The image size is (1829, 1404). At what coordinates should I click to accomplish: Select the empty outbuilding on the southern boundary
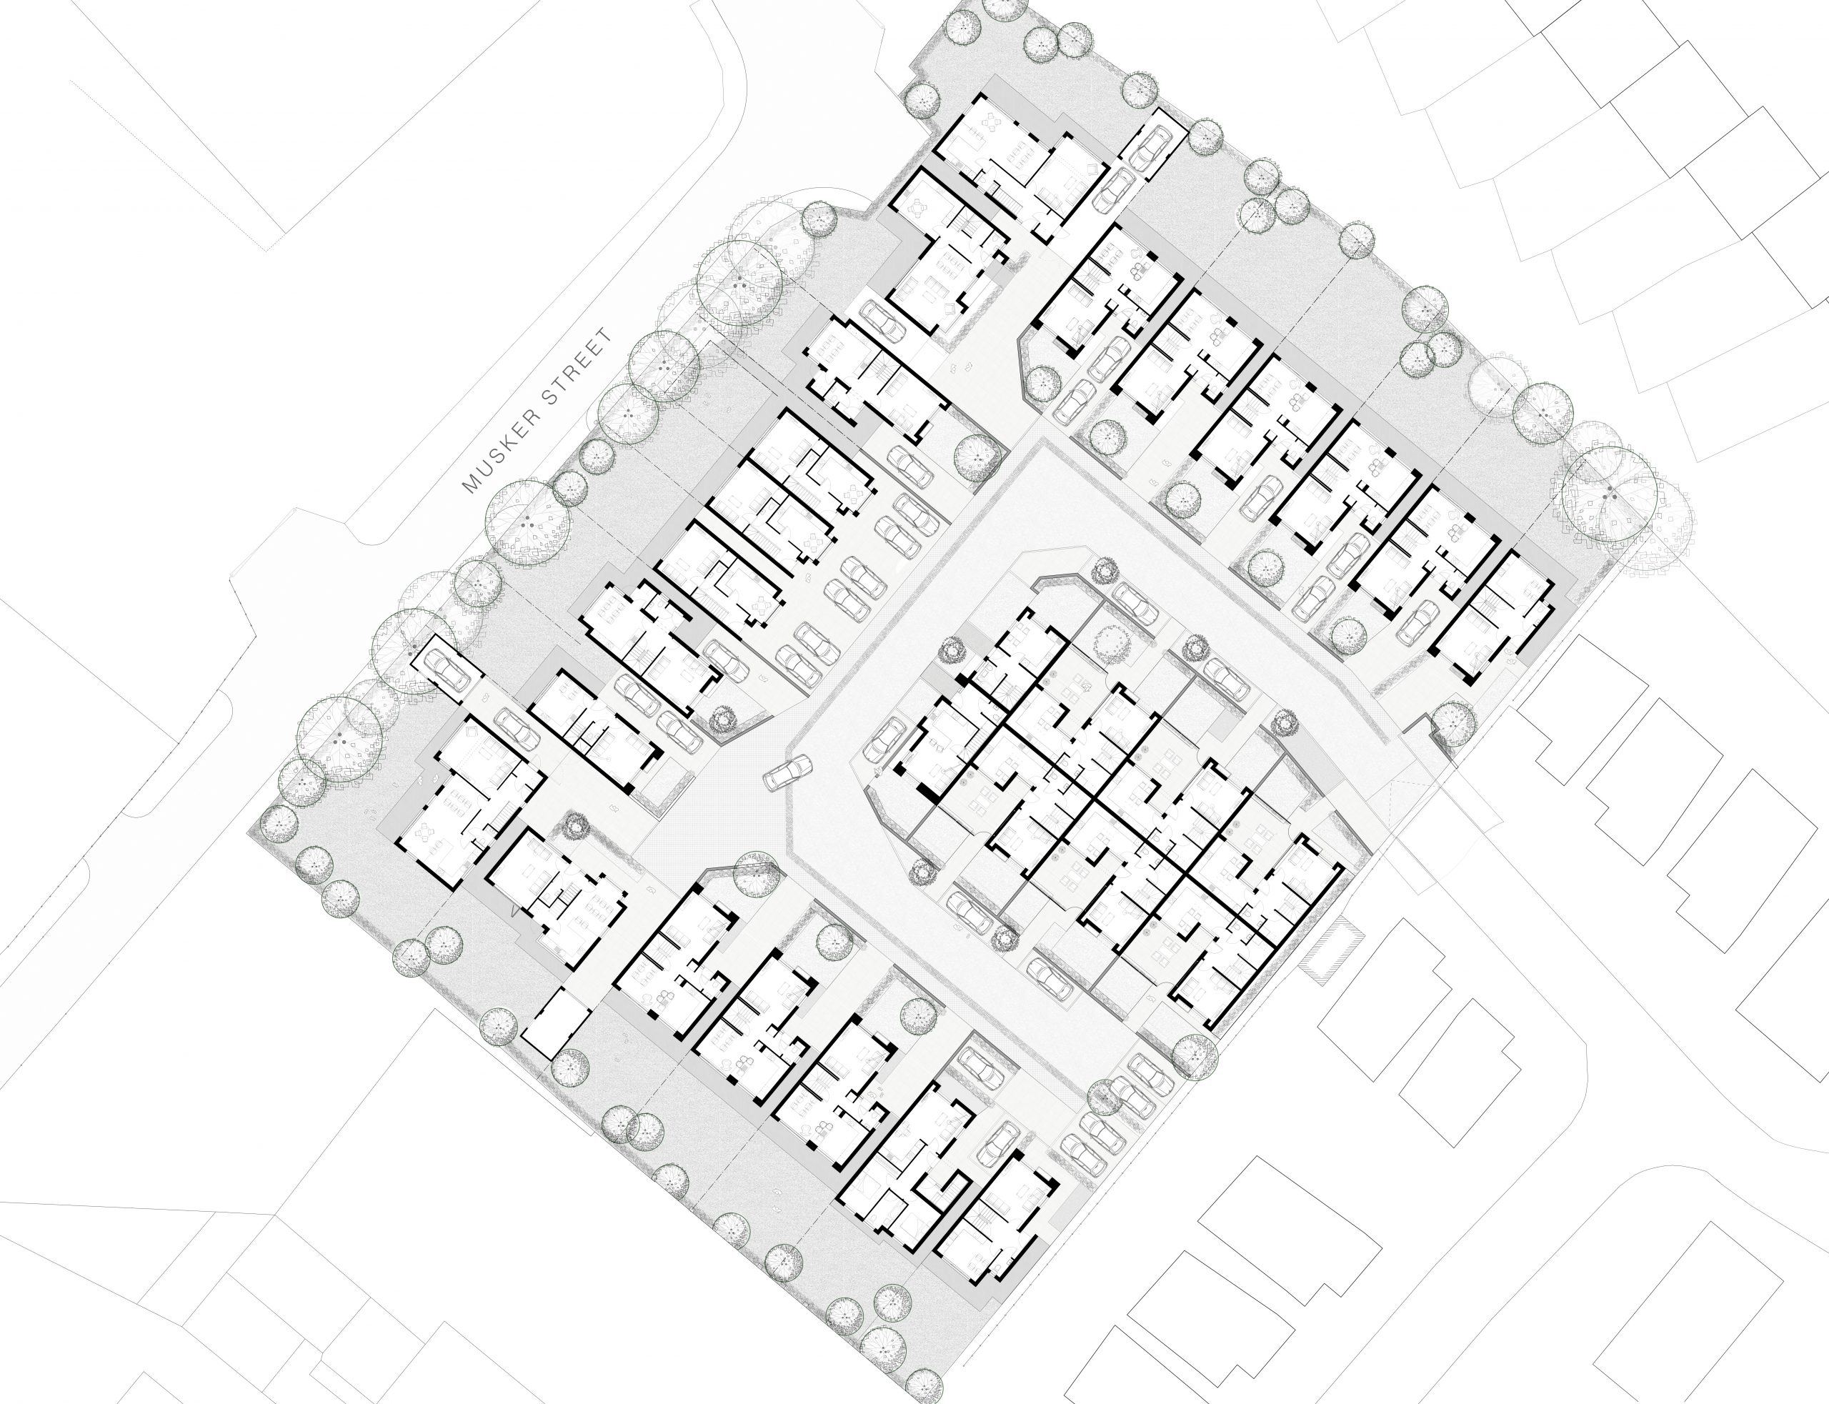click(557, 1023)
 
